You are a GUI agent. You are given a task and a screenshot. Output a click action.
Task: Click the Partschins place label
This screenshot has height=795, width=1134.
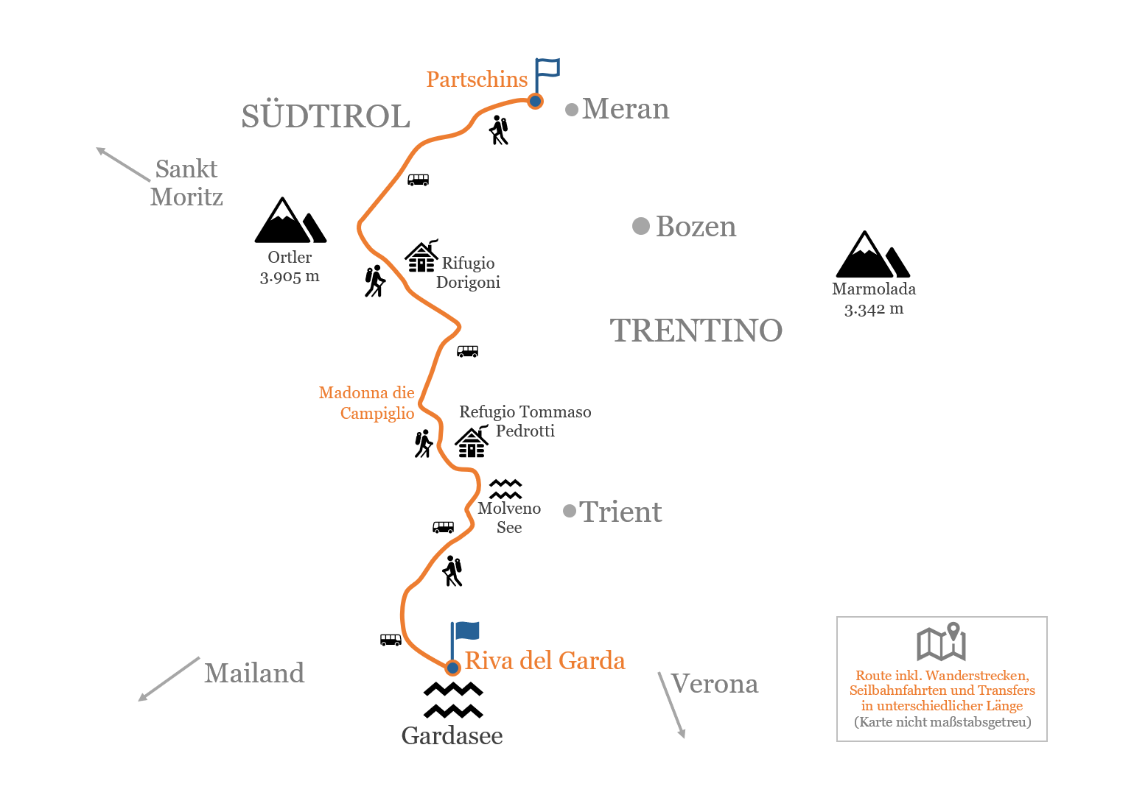pos(477,79)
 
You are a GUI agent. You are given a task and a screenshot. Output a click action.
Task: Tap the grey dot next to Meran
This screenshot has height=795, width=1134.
pos(572,110)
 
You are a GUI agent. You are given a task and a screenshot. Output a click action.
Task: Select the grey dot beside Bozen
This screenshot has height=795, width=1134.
pos(641,226)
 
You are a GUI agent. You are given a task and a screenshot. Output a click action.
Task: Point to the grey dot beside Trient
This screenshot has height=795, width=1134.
pos(570,511)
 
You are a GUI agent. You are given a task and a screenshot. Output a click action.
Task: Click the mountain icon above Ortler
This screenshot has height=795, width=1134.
pos(290,221)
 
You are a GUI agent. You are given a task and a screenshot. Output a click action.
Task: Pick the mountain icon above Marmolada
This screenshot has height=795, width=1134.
pos(872,255)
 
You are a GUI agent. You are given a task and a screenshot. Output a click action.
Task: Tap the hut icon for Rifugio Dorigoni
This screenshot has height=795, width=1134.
pos(421,256)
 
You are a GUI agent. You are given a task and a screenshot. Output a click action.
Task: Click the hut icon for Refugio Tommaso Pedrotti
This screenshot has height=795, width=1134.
pos(472,442)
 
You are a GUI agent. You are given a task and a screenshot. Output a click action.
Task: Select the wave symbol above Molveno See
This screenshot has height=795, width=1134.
pos(505,489)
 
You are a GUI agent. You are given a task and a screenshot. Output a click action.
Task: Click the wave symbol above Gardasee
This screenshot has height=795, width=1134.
pos(453,700)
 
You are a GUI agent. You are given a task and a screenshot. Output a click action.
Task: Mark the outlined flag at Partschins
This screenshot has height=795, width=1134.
pos(547,77)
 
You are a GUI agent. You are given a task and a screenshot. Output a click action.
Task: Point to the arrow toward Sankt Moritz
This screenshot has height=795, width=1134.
pos(123,164)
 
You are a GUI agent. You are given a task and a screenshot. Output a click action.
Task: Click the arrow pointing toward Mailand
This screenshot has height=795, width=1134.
pos(169,679)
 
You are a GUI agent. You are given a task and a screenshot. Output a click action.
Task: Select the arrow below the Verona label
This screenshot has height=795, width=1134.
pos(672,705)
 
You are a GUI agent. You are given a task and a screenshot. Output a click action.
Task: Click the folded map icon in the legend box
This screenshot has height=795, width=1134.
pos(941,642)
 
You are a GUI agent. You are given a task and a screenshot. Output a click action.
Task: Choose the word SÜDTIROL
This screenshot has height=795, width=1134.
pos(326,116)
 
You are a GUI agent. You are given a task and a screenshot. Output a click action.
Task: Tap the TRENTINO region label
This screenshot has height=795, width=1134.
pos(696,331)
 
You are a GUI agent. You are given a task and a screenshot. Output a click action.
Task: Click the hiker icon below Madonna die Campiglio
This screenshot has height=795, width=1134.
pos(423,444)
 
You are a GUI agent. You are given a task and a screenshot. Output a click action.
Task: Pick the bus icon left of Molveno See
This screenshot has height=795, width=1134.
pos(443,528)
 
